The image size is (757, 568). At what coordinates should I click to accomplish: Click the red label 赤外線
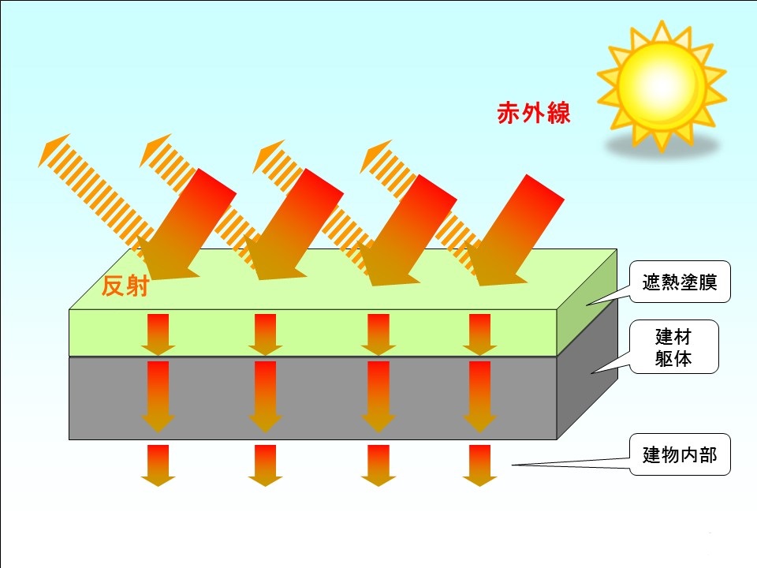click(534, 113)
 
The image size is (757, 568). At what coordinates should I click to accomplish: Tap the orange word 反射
click(125, 286)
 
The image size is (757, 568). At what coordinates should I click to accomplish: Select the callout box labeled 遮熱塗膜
click(680, 282)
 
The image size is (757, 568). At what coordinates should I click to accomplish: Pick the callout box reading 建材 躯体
click(674, 347)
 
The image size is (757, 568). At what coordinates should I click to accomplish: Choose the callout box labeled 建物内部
click(680, 454)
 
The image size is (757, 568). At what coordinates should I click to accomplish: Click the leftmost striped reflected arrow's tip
click(39, 166)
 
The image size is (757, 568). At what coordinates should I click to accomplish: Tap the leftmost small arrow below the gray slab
click(158, 465)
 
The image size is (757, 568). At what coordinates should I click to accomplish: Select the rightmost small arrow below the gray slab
click(479, 465)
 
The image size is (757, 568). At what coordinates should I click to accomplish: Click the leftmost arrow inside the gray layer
click(158, 397)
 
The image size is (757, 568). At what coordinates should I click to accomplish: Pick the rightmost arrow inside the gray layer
click(479, 397)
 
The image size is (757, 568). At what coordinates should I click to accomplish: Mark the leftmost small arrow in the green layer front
click(158, 334)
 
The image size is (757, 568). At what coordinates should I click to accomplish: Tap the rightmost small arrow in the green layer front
click(479, 334)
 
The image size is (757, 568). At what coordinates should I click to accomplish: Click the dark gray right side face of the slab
click(587, 369)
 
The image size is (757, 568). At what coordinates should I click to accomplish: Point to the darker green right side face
click(587, 303)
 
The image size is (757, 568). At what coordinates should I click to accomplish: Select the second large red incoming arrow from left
click(293, 225)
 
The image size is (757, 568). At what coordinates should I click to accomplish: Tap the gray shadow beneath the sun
click(662, 145)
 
